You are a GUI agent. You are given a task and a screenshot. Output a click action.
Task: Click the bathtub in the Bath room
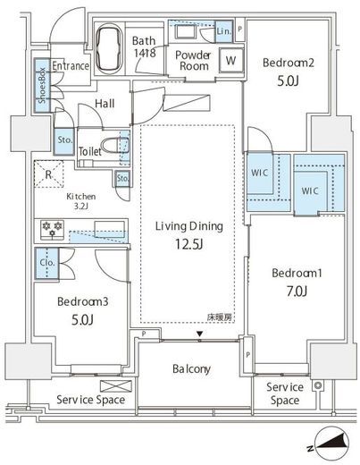[x=110, y=49]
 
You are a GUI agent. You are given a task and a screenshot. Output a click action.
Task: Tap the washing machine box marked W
[x=231, y=60]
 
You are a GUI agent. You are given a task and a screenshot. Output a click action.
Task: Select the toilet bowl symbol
[x=113, y=147]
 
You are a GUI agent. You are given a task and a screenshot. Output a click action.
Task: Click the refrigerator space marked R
[x=48, y=174]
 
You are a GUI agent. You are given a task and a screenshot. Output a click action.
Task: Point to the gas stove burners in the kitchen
[x=53, y=230]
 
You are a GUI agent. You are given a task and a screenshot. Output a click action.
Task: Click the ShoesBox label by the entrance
[x=42, y=86]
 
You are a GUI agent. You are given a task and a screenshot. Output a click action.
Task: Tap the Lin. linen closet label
[x=224, y=31]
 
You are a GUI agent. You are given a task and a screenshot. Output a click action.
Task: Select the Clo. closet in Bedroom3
[x=47, y=263]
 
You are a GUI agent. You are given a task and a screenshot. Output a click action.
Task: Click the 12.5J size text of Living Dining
[x=188, y=244]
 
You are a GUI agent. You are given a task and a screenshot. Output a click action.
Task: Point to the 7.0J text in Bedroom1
[x=297, y=292]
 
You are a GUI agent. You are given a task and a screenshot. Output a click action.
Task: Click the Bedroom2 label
[x=289, y=63]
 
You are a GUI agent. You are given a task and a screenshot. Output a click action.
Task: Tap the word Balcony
[x=191, y=369]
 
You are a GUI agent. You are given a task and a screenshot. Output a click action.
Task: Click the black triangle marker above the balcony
[x=200, y=334]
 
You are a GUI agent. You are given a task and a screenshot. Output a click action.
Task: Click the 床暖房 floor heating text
[x=220, y=317]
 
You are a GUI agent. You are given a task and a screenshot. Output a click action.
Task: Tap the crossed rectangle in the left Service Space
[x=116, y=386]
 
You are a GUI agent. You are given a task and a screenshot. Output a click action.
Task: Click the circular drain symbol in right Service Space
[x=318, y=385]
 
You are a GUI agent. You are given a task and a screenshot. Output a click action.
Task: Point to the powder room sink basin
[x=185, y=32]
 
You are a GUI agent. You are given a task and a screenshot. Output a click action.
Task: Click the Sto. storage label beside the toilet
[x=64, y=139]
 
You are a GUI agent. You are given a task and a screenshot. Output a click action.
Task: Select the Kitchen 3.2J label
[x=81, y=201]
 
